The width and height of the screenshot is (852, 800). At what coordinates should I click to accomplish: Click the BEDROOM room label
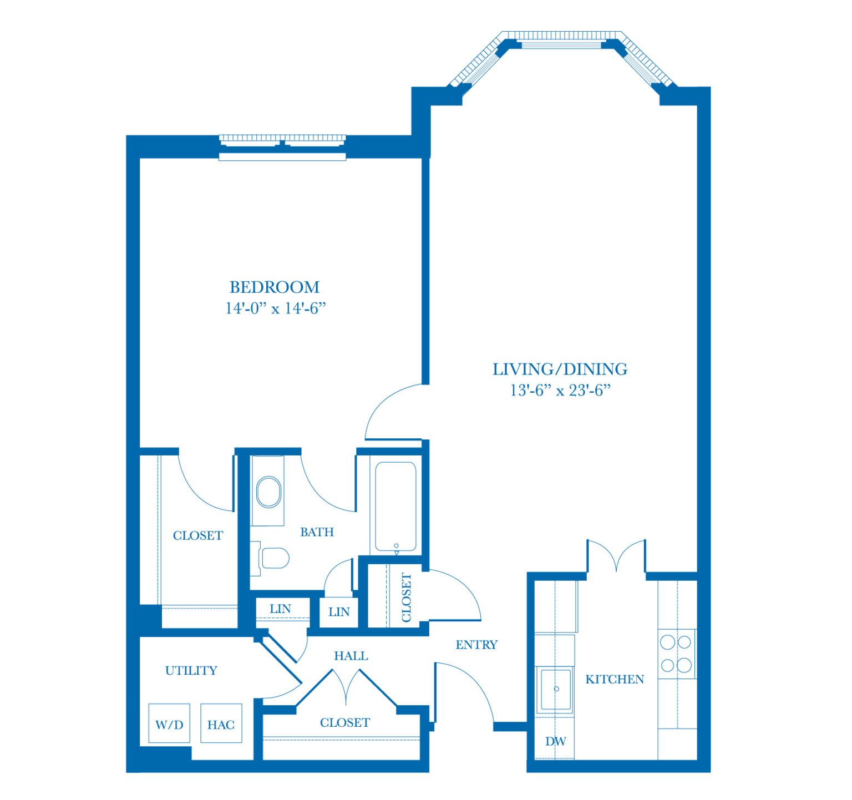pos(275,287)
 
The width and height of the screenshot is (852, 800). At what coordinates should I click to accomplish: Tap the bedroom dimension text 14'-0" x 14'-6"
pos(275,308)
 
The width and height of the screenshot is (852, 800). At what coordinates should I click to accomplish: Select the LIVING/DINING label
pos(560,369)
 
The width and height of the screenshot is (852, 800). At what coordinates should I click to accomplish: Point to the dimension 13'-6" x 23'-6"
pos(560,390)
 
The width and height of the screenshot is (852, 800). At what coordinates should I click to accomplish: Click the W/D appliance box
pos(169,723)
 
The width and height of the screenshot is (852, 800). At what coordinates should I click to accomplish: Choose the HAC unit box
pos(221,723)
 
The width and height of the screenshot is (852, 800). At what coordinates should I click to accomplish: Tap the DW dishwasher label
pos(555,741)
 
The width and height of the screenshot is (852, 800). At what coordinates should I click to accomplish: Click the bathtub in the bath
pos(395,506)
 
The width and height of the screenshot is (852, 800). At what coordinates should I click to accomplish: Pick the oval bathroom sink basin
pos(268,492)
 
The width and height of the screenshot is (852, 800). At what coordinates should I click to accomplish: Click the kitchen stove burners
pos(676,654)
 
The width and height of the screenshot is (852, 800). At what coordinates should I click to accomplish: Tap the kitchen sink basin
pos(555,689)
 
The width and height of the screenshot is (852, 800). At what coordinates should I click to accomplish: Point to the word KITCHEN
pos(615,679)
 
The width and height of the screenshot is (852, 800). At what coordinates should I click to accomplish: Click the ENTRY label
pos(476,645)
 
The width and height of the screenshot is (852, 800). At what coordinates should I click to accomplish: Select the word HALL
pos(351,656)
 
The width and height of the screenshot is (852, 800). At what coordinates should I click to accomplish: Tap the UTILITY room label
pos(191,670)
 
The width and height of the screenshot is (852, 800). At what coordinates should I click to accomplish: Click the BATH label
pos(317,532)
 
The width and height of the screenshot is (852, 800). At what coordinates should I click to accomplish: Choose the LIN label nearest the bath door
pos(339,611)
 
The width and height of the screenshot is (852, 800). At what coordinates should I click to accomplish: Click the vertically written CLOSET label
pos(406,598)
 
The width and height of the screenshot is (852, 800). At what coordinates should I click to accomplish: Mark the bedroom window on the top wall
pos(282,147)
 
